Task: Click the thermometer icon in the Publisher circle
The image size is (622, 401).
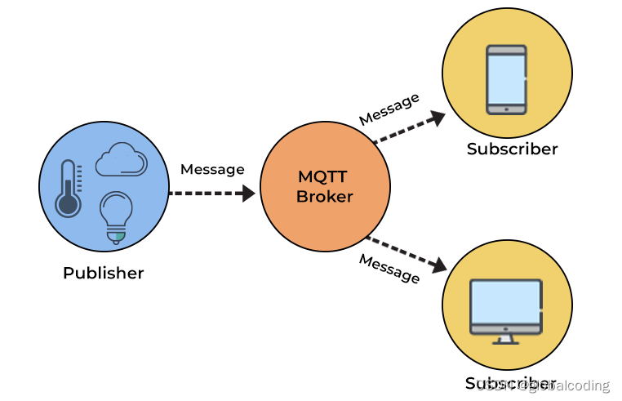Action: pos(68,189)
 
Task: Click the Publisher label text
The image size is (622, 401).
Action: pos(103,273)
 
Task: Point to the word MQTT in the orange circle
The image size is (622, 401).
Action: pos(325,177)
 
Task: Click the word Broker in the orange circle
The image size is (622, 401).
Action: pos(325,197)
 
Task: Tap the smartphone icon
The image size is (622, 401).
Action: pos(506,79)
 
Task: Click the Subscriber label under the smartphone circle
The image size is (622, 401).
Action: pos(512,149)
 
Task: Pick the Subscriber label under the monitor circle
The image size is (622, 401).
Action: pos(512,383)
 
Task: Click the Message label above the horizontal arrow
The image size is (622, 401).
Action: pos(212,169)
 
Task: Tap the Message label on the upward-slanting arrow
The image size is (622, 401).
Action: pos(389,109)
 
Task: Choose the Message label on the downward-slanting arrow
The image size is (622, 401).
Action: pos(389,268)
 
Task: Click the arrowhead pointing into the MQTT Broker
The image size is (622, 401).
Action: pos(247,194)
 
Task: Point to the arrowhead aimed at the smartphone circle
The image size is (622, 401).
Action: pos(438,117)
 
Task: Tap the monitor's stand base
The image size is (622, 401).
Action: pos(506,341)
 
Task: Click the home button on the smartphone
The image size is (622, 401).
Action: pos(506,108)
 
